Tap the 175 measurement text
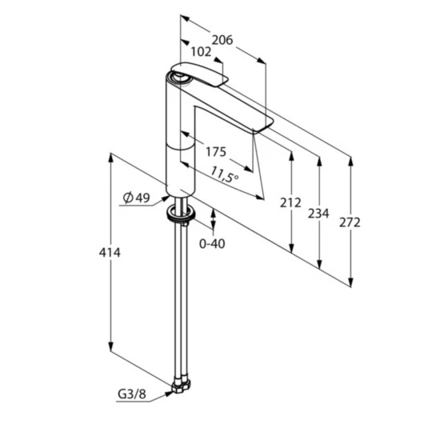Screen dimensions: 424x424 click(x=216, y=151)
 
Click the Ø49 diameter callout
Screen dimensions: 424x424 click(x=137, y=198)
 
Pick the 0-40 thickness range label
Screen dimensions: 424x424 click(x=212, y=242)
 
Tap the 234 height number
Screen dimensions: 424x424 click(x=319, y=214)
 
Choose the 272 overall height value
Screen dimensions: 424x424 click(x=350, y=222)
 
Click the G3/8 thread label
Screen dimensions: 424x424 click(x=133, y=394)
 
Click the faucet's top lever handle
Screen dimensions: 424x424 click(x=200, y=74)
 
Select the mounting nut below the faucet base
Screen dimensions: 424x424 click(x=178, y=214)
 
